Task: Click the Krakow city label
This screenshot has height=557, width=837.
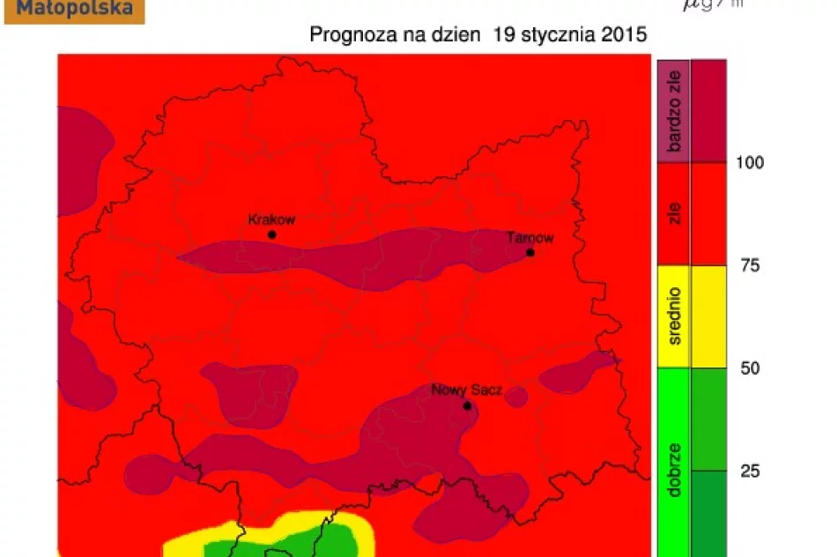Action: tap(271, 219)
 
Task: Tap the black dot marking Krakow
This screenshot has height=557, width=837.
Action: tap(271, 234)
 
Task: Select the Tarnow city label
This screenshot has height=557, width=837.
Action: tap(530, 238)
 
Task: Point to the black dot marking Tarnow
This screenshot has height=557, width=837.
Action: tap(530, 252)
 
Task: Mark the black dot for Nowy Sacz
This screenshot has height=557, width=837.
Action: tap(467, 406)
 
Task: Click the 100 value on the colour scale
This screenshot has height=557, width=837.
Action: tap(751, 162)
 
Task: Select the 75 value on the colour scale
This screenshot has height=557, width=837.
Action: tap(749, 265)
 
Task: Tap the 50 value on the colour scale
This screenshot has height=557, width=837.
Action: tap(749, 368)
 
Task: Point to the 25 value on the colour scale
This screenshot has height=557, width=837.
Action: tap(749, 471)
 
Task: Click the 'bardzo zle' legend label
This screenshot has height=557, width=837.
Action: tap(675, 111)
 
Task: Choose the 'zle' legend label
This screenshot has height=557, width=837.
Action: tap(675, 214)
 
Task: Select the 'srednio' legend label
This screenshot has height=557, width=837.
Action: tap(675, 316)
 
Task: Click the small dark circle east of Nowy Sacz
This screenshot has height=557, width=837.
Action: tap(516, 397)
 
